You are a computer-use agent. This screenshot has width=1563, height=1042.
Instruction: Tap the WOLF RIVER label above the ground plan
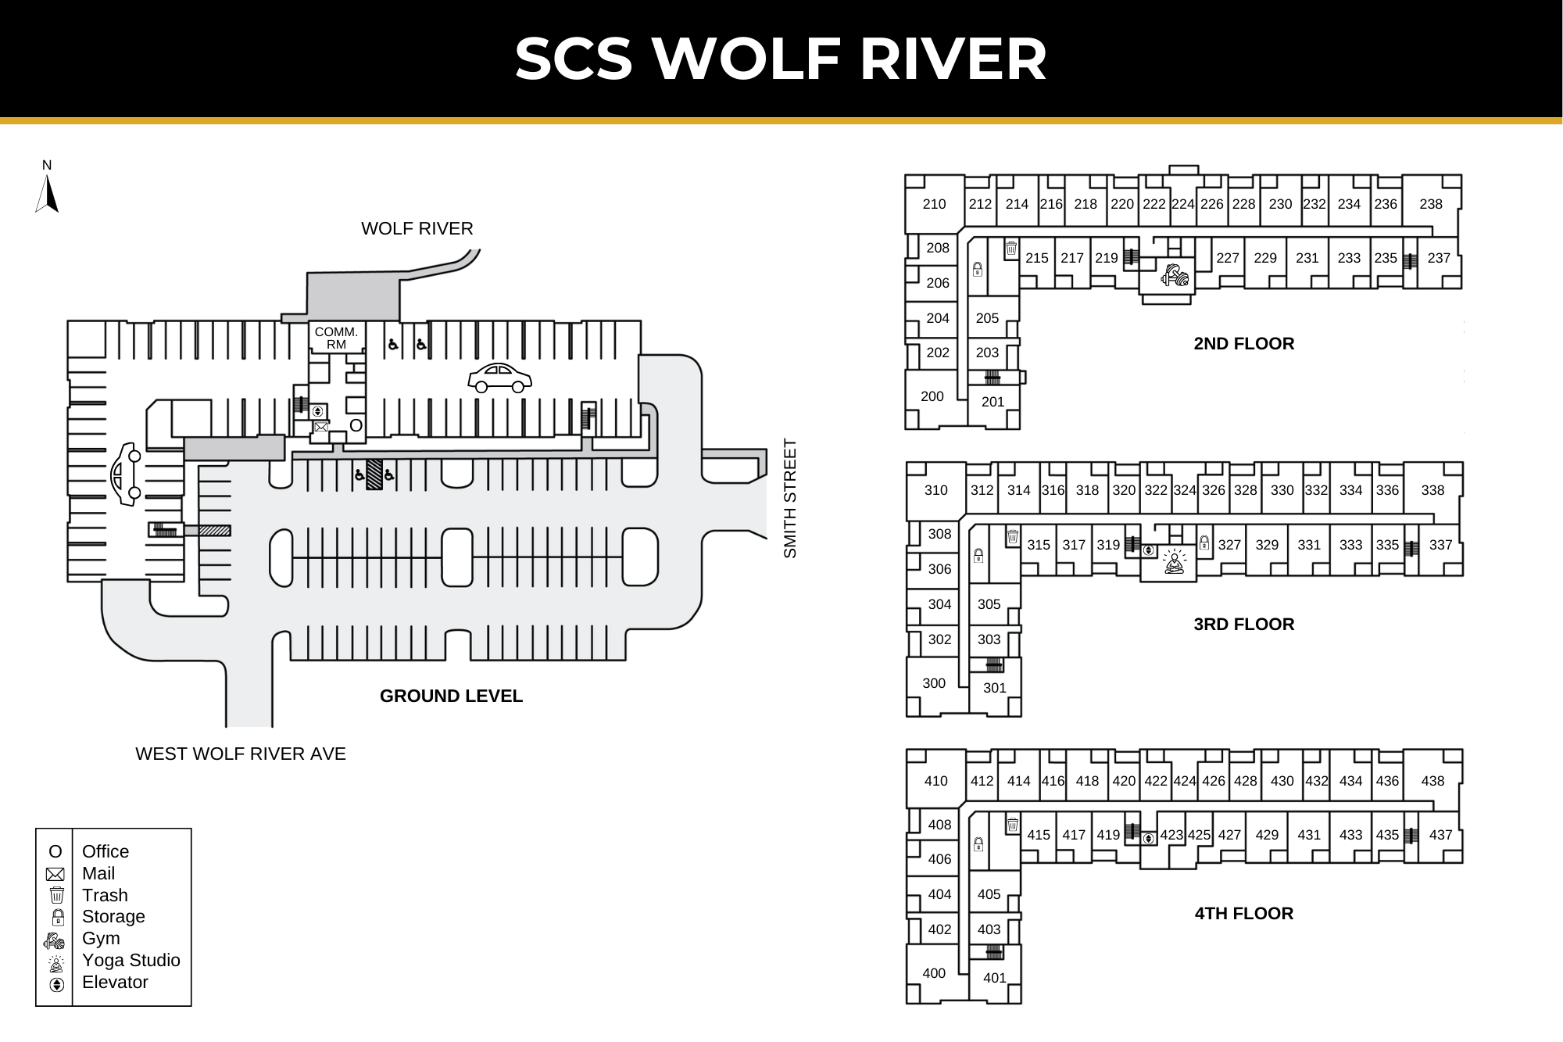tap(417, 228)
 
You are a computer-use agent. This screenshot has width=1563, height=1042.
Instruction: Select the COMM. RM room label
tap(336, 338)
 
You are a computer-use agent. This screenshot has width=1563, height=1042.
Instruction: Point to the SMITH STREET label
tap(790, 498)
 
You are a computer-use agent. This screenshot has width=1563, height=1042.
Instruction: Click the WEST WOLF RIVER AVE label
tap(240, 754)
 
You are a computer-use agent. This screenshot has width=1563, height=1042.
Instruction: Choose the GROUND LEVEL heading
tap(451, 696)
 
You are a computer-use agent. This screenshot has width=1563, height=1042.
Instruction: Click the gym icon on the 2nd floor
tap(1174, 274)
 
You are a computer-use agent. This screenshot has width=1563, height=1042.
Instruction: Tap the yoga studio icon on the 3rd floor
tap(1174, 561)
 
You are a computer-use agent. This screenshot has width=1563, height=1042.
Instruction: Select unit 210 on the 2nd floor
tap(934, 204)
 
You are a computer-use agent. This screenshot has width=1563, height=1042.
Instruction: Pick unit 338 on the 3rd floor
tap(1432, 490)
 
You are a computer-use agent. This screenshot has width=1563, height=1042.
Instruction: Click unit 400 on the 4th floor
tap(934, 973)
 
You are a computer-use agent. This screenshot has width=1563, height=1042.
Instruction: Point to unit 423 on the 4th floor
tap(1171, 835)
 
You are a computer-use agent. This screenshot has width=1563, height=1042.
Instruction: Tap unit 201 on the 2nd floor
tap(993, 402)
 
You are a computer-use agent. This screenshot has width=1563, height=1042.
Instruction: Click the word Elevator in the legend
tap(115, 983)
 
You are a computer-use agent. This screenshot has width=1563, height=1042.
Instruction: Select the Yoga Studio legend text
tap(131, 961)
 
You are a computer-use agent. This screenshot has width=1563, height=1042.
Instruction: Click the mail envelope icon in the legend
tap(55, 874)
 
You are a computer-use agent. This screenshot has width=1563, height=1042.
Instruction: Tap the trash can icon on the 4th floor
tap(1012, 825)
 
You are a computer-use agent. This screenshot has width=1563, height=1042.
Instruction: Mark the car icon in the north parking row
tap(499, 378)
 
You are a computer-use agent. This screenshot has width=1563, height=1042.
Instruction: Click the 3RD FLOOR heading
tap(1243, 624)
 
